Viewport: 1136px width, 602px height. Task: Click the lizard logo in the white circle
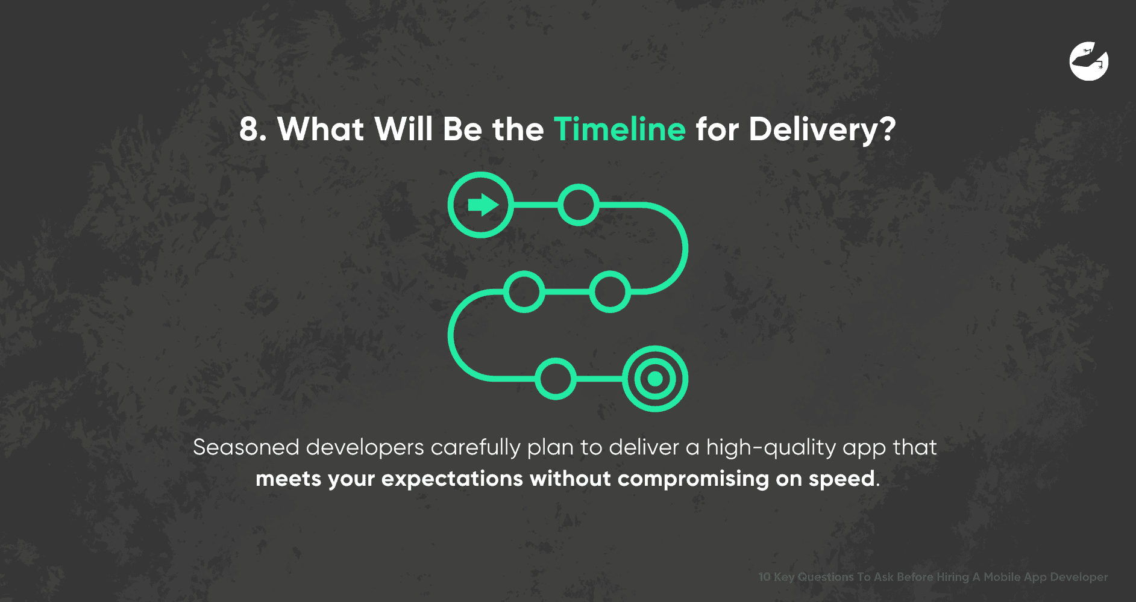click(x=1089, y=61)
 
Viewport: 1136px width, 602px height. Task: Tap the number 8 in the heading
click(x=250, y=129)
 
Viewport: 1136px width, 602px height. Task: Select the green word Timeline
click(x=620, y=129)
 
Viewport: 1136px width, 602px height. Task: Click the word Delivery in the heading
click(x=814, y=129)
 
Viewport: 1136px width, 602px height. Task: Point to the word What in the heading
click(x=321, y=129)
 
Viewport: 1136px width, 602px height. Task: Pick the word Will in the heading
click(x=403, y=129)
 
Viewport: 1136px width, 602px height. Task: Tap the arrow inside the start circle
click(x=483, y=205)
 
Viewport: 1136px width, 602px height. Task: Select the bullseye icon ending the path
click(x=655, y=379)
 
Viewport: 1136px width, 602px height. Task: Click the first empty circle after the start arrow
click(x=579, y=205)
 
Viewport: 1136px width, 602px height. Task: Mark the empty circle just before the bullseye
click(x=556, y=379)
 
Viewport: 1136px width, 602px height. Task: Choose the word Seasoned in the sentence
click(x=246, y=447)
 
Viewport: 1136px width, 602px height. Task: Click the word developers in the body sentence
click(x=365, y=447)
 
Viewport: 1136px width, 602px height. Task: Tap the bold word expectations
click(x=452, y=479)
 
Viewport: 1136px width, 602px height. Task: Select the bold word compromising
click(x=693, y=479)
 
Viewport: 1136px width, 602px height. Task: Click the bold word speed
click(x=841, y=479)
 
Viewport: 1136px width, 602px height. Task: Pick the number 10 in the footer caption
click(x=764, y=577)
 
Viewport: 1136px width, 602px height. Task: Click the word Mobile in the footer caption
click(x=1002, y=577)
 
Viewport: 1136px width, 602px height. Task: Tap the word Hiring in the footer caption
click(x=952, y=577)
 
